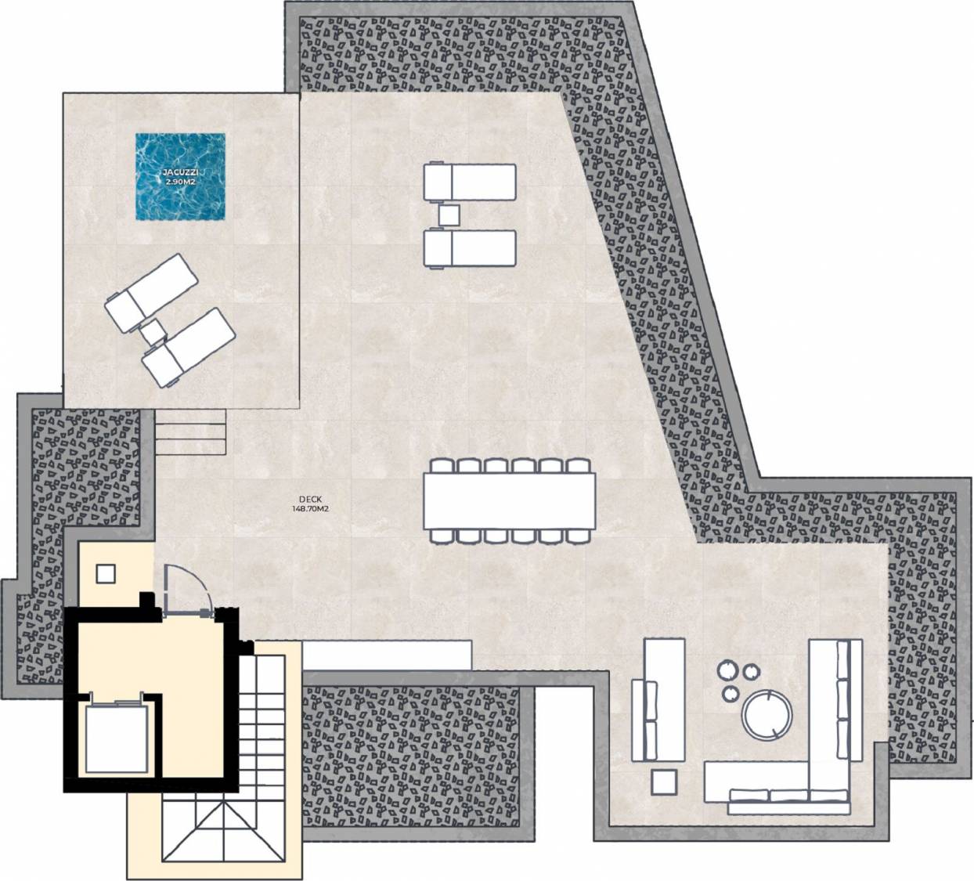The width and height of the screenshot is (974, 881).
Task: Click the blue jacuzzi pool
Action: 180,176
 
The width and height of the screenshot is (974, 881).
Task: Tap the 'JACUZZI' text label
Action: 180,172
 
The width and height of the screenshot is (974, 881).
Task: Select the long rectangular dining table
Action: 510,500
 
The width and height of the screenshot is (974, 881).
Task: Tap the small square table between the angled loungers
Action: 153,332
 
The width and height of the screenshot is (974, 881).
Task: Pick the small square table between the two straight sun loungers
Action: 449,215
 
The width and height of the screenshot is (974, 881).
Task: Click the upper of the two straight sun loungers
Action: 469,182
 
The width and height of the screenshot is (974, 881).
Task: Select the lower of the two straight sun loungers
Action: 469,249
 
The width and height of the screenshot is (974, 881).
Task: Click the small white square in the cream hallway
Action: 106,574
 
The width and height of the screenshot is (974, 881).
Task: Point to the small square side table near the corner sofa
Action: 664,782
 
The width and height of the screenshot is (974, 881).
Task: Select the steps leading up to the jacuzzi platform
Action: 191,431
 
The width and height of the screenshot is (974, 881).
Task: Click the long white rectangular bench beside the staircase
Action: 387,655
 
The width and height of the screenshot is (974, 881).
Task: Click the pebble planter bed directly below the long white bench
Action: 411,756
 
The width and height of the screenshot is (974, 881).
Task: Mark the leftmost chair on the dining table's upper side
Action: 442,466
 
